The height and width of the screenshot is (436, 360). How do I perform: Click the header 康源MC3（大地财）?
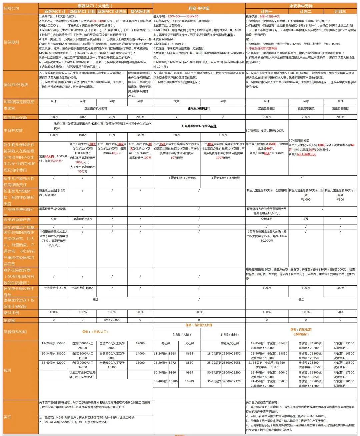[95, 6]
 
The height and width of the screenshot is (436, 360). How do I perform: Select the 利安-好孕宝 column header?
[199, 8]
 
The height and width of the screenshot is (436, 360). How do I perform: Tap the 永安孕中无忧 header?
[301, 6]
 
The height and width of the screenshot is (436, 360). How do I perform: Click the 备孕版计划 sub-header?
[140, 11]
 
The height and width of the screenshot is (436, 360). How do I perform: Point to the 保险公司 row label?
[11, 8]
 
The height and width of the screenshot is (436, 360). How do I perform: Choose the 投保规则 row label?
[11, 42]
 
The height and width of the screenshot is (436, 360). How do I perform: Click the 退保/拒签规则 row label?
[16, 85]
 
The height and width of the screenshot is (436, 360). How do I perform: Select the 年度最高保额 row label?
[15, 117]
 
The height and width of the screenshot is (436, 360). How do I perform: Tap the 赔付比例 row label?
[11, 313]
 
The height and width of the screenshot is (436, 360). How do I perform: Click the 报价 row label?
[7, 370]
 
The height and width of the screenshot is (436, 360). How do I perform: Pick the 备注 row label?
[7, 417]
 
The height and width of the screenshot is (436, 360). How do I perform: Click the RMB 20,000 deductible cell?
[112, 320]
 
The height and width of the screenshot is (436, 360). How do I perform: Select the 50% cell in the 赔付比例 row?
[340, 312]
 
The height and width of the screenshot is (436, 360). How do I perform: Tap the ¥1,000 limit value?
[306, 200]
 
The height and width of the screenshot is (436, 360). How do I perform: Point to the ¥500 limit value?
[340, 200]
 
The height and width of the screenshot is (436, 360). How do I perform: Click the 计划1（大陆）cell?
[182, 335]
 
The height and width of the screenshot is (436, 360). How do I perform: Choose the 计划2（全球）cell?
[230, 335]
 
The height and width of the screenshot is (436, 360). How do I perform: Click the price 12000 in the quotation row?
[140, 343]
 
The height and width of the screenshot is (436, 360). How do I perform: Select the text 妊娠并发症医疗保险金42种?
[199, 126]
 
